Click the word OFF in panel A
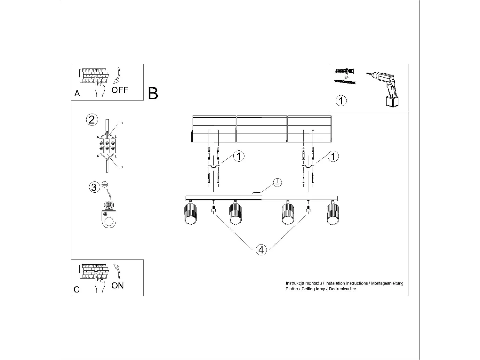(120, 90)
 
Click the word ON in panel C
(117, 285)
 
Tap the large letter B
(153, 93)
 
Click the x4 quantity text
(347, 77)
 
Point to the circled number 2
(92, 120)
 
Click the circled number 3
(94, 187)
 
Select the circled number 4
(261, 250)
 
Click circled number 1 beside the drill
(341, 101)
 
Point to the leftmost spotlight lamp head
(190, 214)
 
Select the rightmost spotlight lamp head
(332, 214)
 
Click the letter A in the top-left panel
(77, 93)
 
